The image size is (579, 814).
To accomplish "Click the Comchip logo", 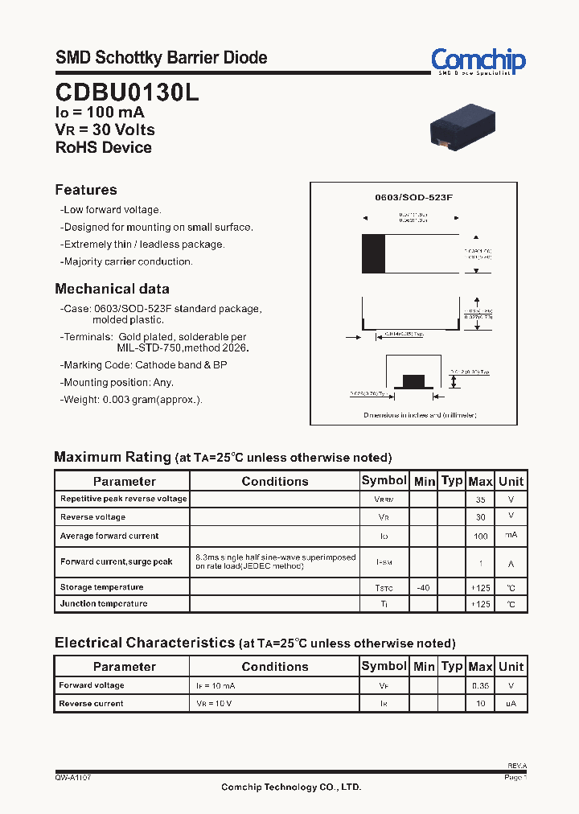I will pos(478,60).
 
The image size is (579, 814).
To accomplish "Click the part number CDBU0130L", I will pos(126,92).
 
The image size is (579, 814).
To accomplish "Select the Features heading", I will pos(86,190).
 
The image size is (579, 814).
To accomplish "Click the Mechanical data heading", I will pos(112,289).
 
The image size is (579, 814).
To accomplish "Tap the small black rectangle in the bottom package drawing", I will pos(413,380).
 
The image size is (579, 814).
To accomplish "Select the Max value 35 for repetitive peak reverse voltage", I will pos(480,499).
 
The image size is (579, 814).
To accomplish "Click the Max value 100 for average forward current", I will pos(480,536).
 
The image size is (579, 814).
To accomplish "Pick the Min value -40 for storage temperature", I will pos(424,588).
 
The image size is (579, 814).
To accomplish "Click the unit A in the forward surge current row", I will pos(511,562).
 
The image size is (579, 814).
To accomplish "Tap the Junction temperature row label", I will pos(104,603).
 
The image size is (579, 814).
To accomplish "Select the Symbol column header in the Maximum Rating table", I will pos(384,480).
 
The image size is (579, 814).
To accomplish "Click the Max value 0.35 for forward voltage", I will pos(480,686).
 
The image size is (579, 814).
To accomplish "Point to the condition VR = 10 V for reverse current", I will pos(216,704).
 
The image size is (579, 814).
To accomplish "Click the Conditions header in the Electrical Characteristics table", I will pos(274,666).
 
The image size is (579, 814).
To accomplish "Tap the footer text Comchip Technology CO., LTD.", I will pos(291,787).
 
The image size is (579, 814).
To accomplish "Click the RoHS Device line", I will pos(103,147).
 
